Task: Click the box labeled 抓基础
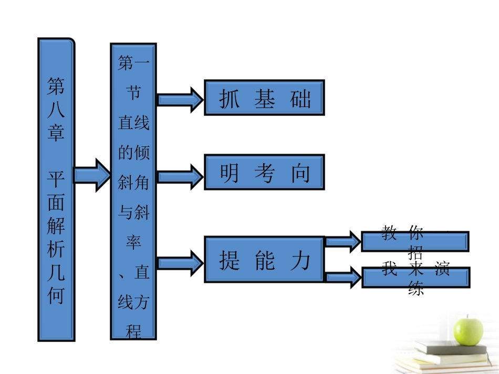[264, 98]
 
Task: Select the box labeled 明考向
[264, 172]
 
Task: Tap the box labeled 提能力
[264, 260]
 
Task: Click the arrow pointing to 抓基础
[180, 99]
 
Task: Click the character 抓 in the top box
[229, 99]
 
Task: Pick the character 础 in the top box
[300, 99]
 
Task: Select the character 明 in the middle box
[229, 173]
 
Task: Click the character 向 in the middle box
[300, 173]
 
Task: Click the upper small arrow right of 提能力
[342, 241]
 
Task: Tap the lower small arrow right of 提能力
[342, 276]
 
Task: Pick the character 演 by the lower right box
[442, 270]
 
